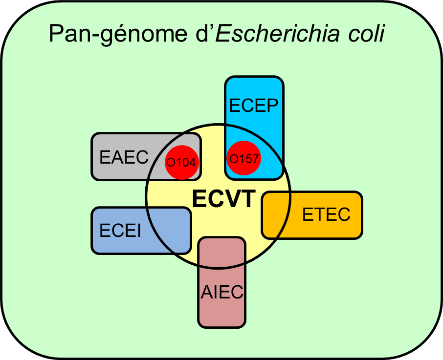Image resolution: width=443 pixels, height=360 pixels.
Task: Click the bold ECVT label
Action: coord(223,199)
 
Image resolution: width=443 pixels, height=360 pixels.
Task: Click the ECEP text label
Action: coord(254,106)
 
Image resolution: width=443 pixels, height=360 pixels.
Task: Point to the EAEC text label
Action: coord(123,157)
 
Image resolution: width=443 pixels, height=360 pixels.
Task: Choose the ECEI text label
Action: coord(120,231)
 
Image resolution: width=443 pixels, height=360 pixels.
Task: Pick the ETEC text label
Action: coord(326,214)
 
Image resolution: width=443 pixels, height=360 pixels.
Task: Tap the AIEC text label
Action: coord(222,293)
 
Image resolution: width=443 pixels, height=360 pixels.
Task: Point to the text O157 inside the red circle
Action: coord(244,159)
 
